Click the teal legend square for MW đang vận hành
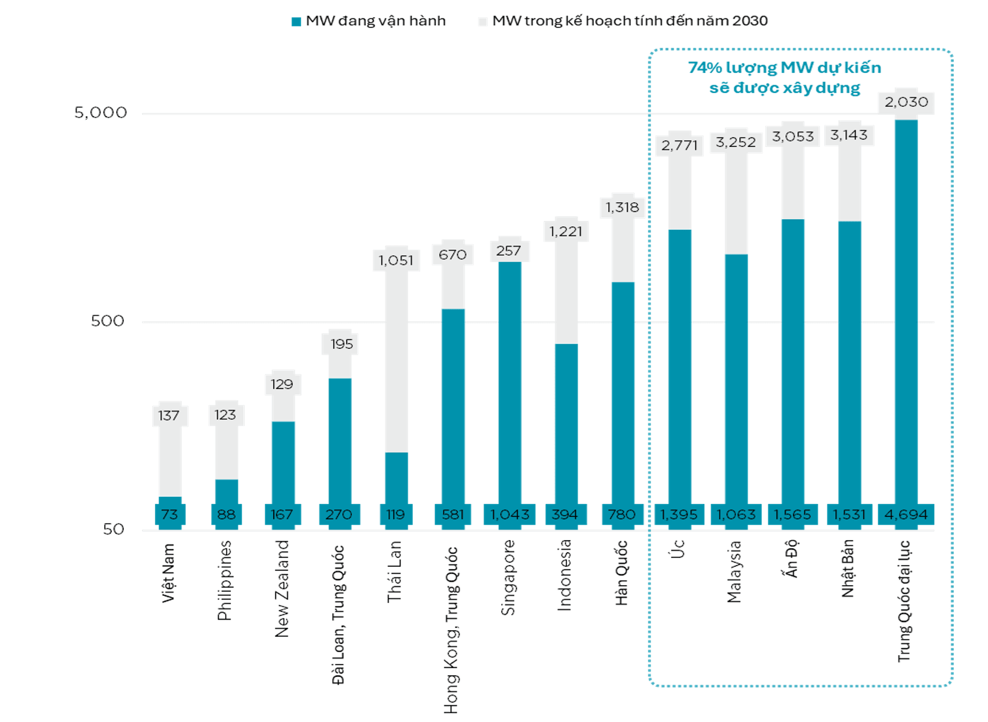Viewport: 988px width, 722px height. click(x=296, y=21)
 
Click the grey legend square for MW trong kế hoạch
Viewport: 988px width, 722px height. click(x=483, y=21)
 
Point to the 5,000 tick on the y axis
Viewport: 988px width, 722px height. click(x=101, y=113)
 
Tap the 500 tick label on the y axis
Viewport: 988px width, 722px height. click(x=108, y=321)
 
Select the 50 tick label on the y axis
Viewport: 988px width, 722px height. click(x=113, y=530)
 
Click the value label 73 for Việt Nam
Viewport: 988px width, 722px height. click(x=170, y=514)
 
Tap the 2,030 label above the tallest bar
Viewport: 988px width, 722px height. click(x=906, y=102)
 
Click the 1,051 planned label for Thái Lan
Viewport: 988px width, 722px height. click(x=396, y=260)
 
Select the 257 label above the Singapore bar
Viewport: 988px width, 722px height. click(x=509, y=251)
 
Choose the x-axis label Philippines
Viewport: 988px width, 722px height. click(x=224, y=580)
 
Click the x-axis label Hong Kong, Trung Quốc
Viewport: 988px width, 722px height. click(x=451, y=630)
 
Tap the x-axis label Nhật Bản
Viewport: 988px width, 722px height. click(x=848, y=569)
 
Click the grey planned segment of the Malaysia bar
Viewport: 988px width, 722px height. click(x=736, y=204)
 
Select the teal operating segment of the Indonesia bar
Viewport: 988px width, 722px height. click(x=566, y=424)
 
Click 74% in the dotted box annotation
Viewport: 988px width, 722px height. click(x=705, y=68)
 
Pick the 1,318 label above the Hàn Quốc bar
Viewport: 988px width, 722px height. click(x=623, y=207)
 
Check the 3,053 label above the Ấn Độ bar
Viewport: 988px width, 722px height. click(x=793, y=136)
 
